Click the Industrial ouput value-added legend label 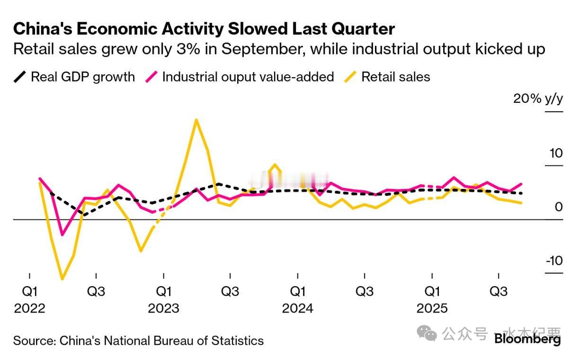coord(248,77)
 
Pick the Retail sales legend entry coord(396,77)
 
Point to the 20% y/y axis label coord(538,99)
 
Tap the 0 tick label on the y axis coord(558,207)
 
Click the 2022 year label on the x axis coord(29,308)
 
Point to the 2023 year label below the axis coord(163,308)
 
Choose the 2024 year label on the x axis coord(297,308)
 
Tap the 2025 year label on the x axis coord(432,308)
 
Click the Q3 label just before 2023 coord(96,291)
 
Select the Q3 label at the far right coord(499,291)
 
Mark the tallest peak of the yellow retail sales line coord(196,120)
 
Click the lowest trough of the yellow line coord(62,279)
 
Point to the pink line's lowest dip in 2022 coord(62,234)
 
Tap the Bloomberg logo coord(527,339)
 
